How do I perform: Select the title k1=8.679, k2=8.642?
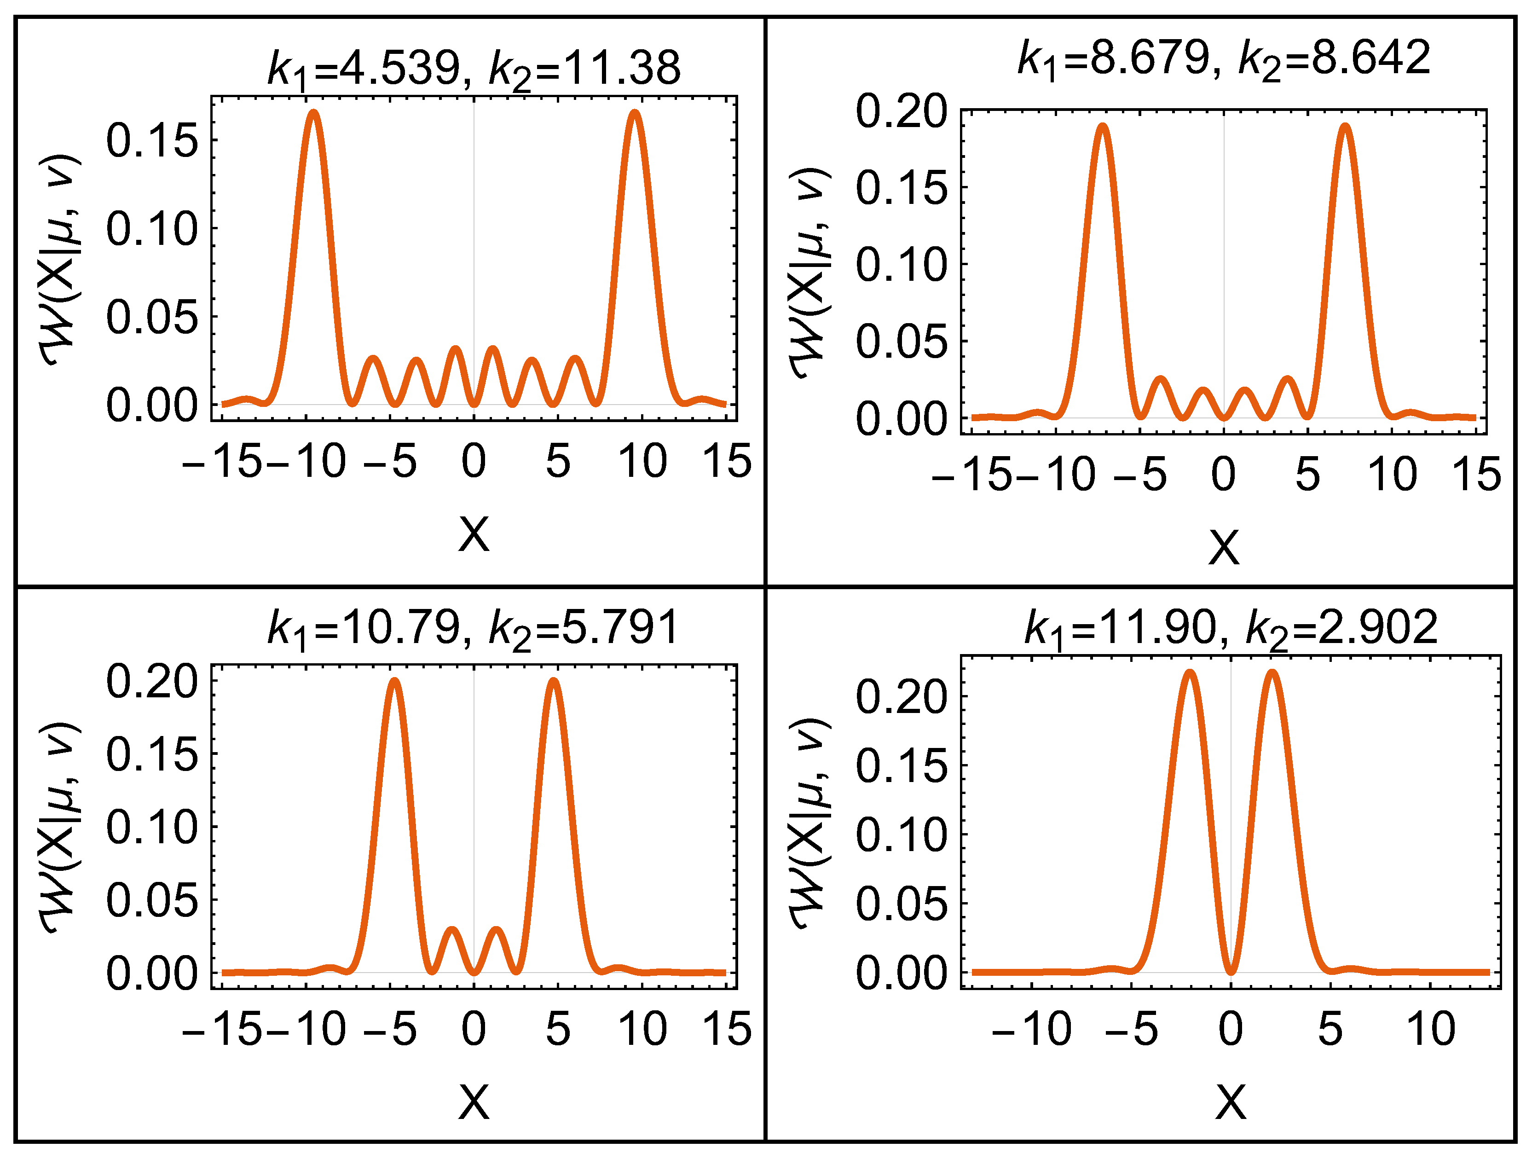pos(1223,58)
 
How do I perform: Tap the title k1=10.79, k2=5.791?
pos(474,628)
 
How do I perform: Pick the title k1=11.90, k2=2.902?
pos(1231,628)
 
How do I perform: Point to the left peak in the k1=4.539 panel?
pos(314,112)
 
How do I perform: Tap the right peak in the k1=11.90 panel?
pos(1272,672)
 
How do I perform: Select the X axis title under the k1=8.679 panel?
pos(1223,548)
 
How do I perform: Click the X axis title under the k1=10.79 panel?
pos(474,1101)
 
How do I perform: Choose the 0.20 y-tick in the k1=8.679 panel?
pos(900,111)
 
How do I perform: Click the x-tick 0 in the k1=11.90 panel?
pos(1231,1029)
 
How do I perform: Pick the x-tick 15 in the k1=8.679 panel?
pos(1476,475)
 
